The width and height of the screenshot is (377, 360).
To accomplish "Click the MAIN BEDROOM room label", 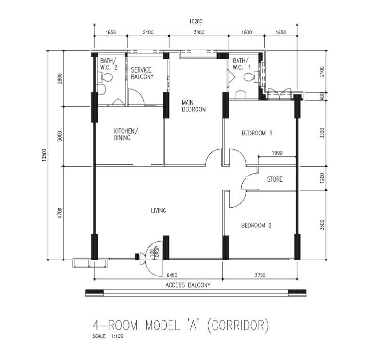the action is (194, 106).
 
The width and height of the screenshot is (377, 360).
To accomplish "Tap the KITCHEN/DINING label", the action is (126, 134).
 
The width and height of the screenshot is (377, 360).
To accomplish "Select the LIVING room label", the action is (158, 211).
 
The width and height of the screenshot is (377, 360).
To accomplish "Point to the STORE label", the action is (275, 179).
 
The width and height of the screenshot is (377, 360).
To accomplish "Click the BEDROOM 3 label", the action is (257, 133).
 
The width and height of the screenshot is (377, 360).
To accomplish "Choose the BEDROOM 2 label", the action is (256, 226).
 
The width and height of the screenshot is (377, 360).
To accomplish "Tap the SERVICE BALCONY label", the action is (142, 74).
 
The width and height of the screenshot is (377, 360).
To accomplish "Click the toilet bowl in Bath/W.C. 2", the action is (107, 77).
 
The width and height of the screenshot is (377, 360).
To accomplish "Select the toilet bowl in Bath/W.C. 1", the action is (249, 77).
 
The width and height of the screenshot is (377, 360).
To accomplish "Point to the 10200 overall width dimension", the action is (196, 21).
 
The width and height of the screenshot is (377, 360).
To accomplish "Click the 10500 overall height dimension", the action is (44, 155).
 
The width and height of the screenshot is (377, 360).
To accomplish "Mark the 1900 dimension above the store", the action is (277, 153).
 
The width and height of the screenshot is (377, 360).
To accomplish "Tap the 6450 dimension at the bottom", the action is (172, 275).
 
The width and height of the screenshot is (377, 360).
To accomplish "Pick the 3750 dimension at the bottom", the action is (260, 275).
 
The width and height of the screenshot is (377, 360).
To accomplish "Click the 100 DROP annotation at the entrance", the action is (155, 252).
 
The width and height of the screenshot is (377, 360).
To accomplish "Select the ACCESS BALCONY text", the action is (188, 285).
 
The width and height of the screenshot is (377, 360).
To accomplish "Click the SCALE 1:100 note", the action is (108, 336).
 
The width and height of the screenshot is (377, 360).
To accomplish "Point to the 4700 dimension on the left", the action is (60, 213).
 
